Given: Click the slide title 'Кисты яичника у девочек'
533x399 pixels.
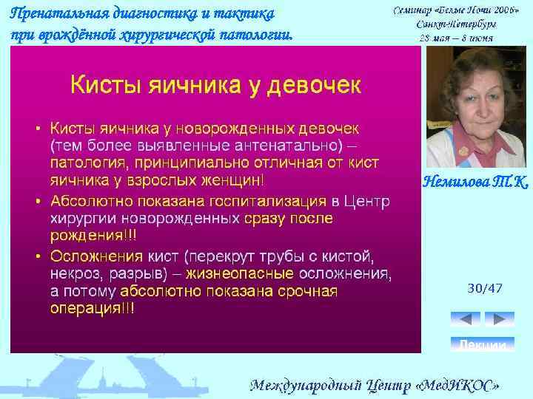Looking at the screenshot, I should point(215,84).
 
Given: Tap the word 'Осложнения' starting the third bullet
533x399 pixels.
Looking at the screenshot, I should point(95,256).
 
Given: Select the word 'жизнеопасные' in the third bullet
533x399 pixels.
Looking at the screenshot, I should point(234,274).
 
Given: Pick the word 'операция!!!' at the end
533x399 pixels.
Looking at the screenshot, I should point(92,309).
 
